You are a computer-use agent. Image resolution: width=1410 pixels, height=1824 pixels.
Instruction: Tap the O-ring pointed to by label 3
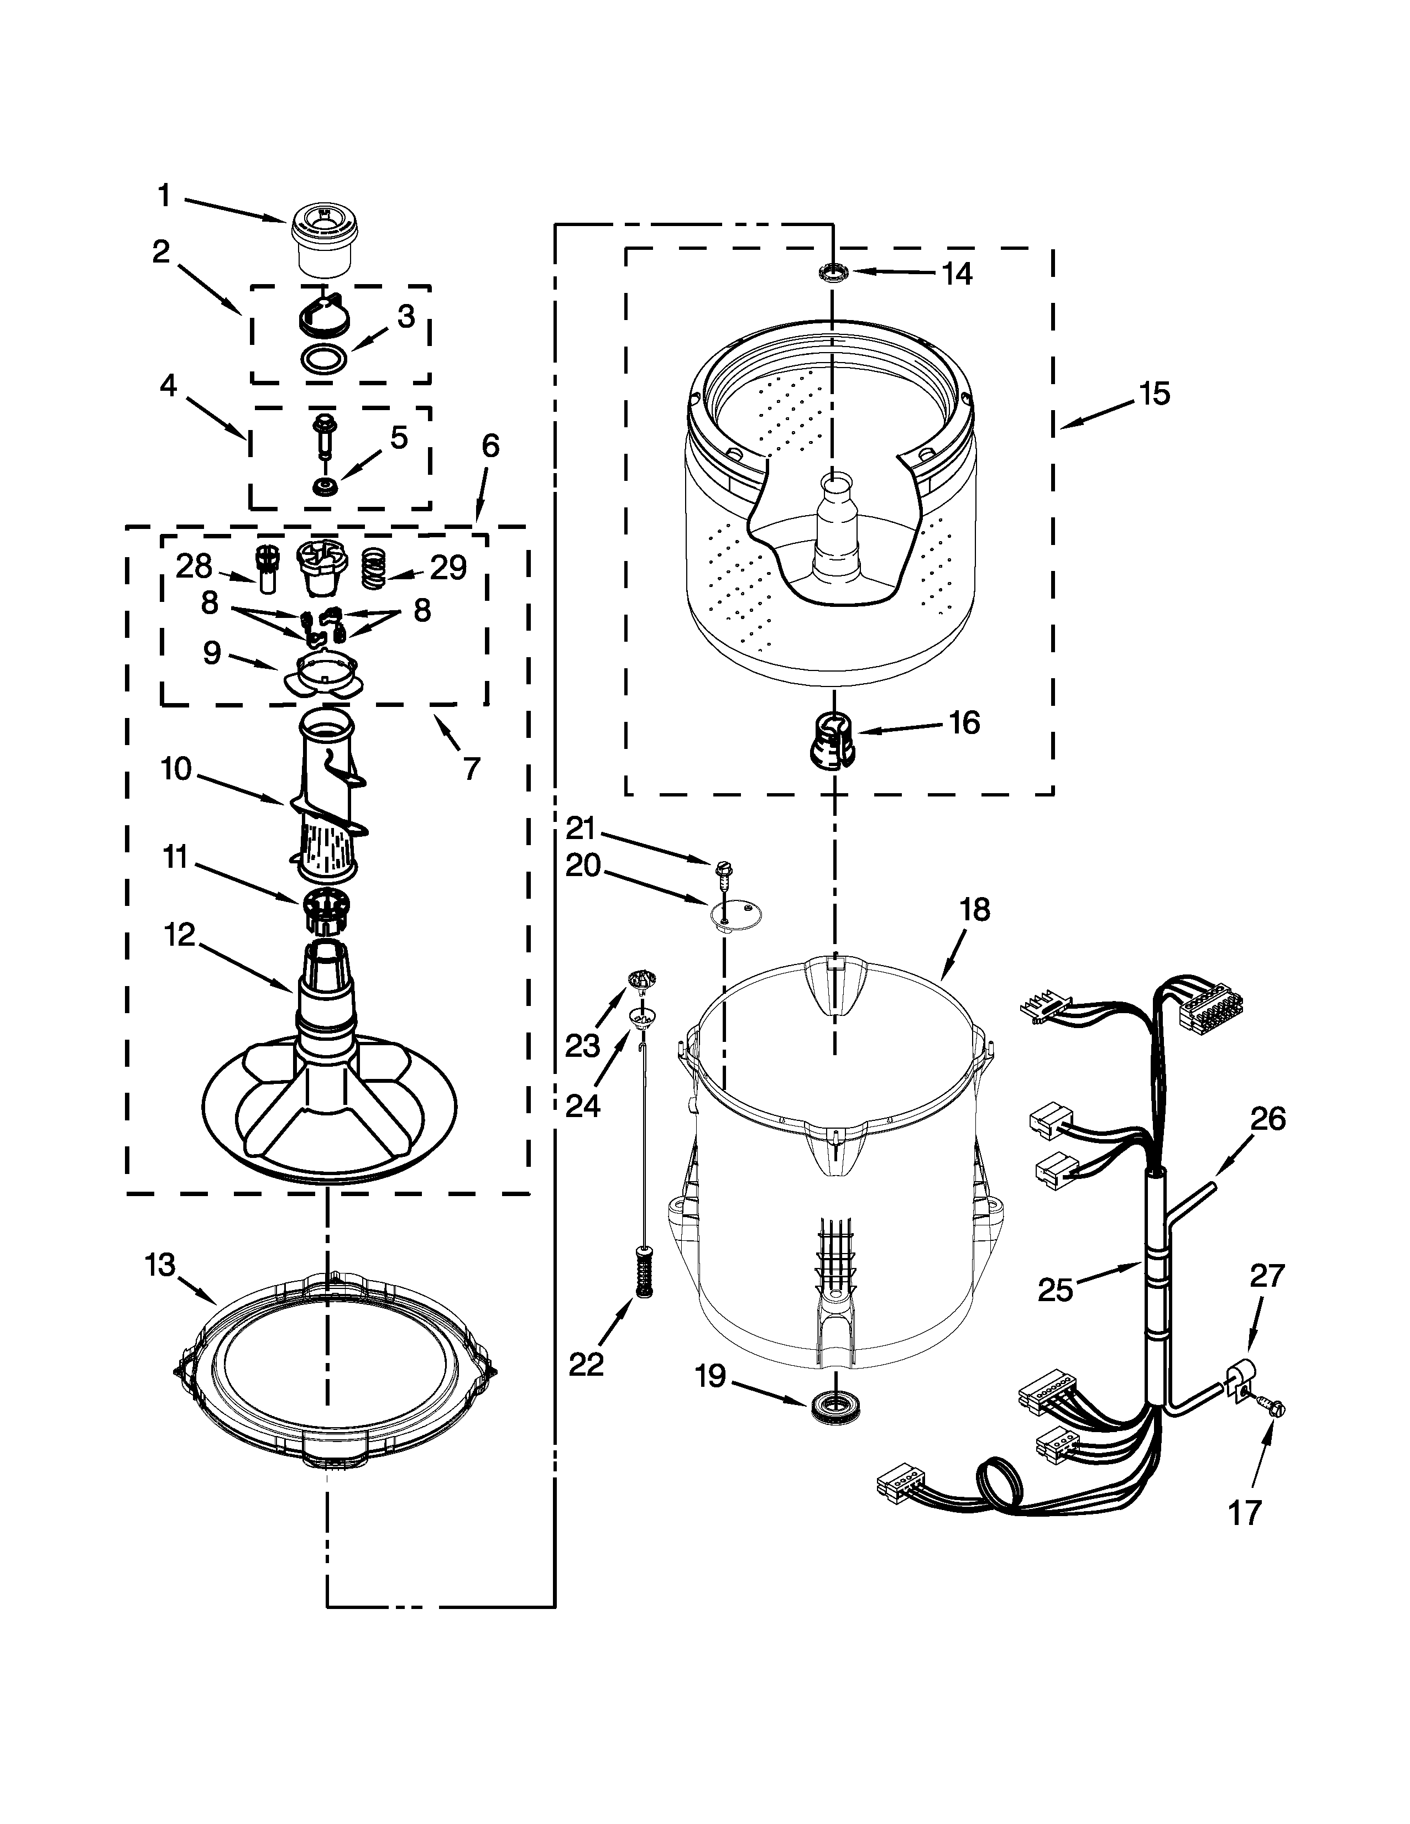coord(323,359)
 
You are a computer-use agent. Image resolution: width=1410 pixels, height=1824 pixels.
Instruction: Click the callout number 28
coord(194,567)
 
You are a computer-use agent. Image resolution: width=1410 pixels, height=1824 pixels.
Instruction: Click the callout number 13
coord(160,1265)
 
